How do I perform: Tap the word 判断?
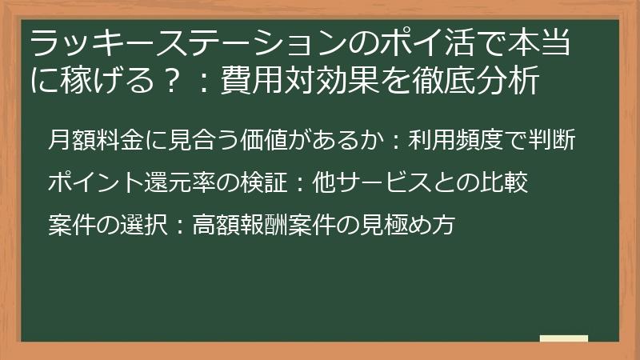pos(554,140)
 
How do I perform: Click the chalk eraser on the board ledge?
pos(563,338)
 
